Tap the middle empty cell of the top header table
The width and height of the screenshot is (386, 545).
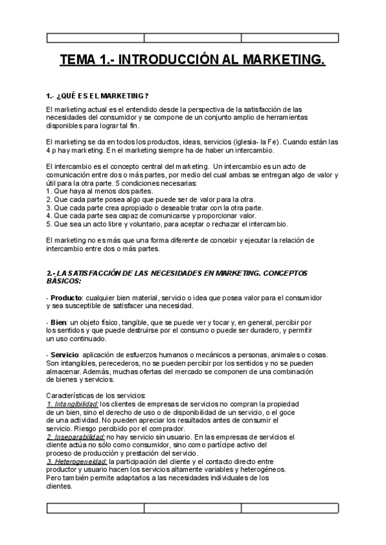point(192,38)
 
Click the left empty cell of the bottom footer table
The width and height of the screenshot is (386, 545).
point(95,508)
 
